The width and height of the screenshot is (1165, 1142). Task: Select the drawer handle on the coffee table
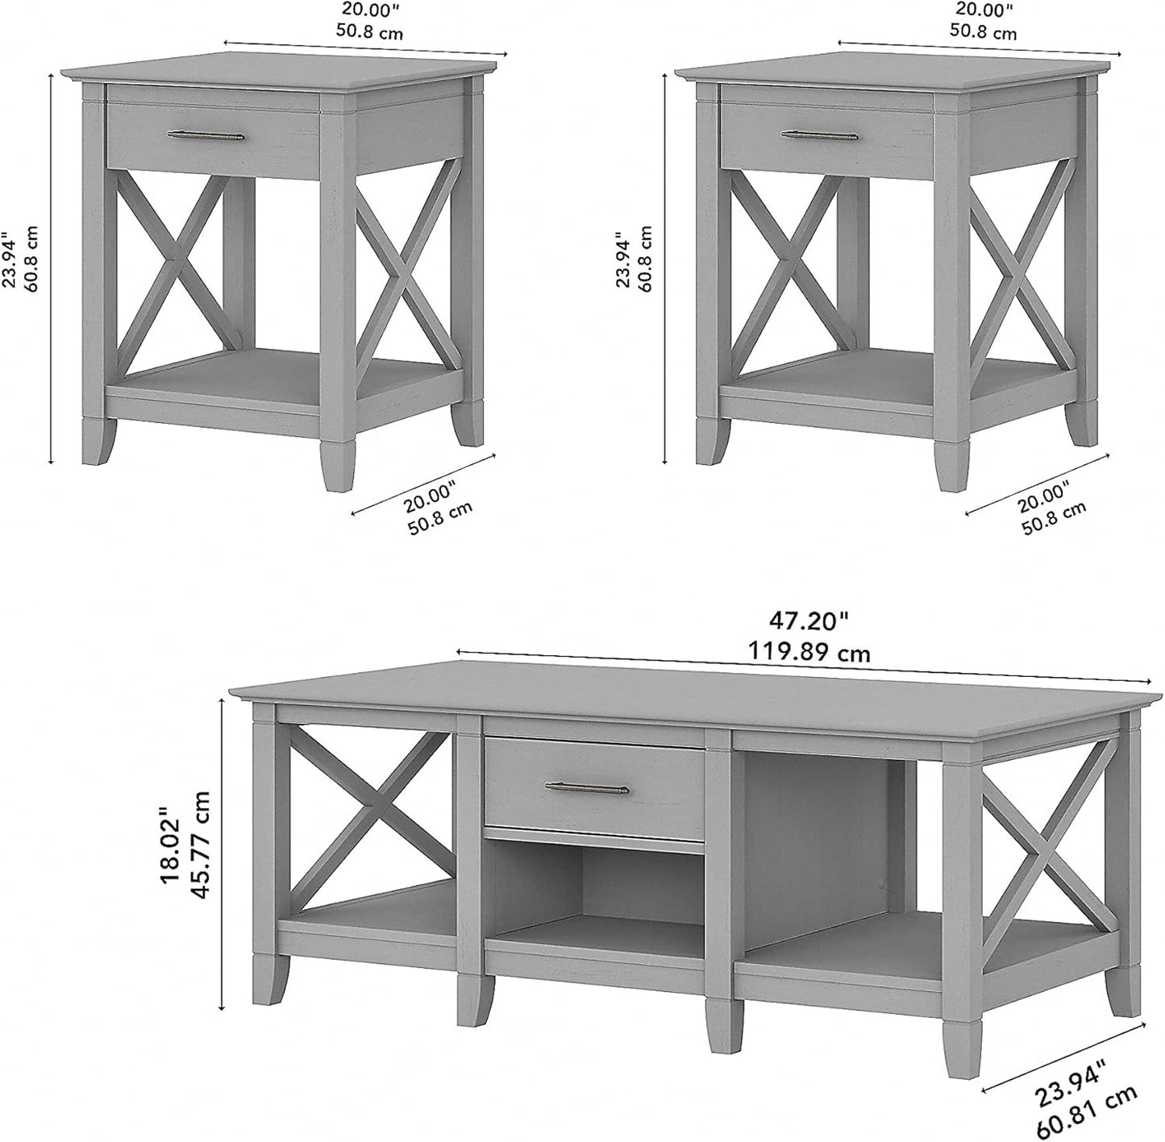[x=585, y=786]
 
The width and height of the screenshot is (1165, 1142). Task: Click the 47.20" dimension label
[x=808, y=621]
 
